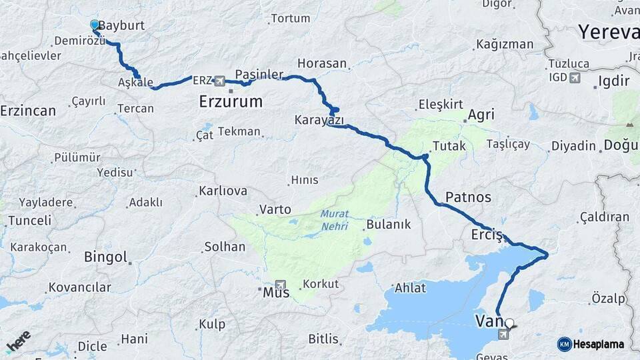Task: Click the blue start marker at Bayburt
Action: [x=95, y=25]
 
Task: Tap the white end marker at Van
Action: [x=510, y=323]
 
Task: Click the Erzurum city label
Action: [x=231, y=102]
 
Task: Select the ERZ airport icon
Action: [x=220, y=81]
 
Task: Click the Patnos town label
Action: [x=468, y=197]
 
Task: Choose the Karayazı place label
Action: [x=319, y=120]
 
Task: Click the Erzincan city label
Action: [x=28, y=111]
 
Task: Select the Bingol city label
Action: [x=105, y=257]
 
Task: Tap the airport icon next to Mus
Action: [x=280, y=285]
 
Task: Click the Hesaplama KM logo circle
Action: [x=564, y=344]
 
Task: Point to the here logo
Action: [x=18, y=341]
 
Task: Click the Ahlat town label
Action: [x=410, y=288]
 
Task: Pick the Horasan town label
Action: [x=322, y=64]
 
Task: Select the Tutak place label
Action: [x=449, y=145]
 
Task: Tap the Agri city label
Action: [x=481, y=115]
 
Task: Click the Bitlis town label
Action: [x=323, y=339]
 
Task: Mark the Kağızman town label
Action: [x=505, y=45]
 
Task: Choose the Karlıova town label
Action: [x=223, y=191]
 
